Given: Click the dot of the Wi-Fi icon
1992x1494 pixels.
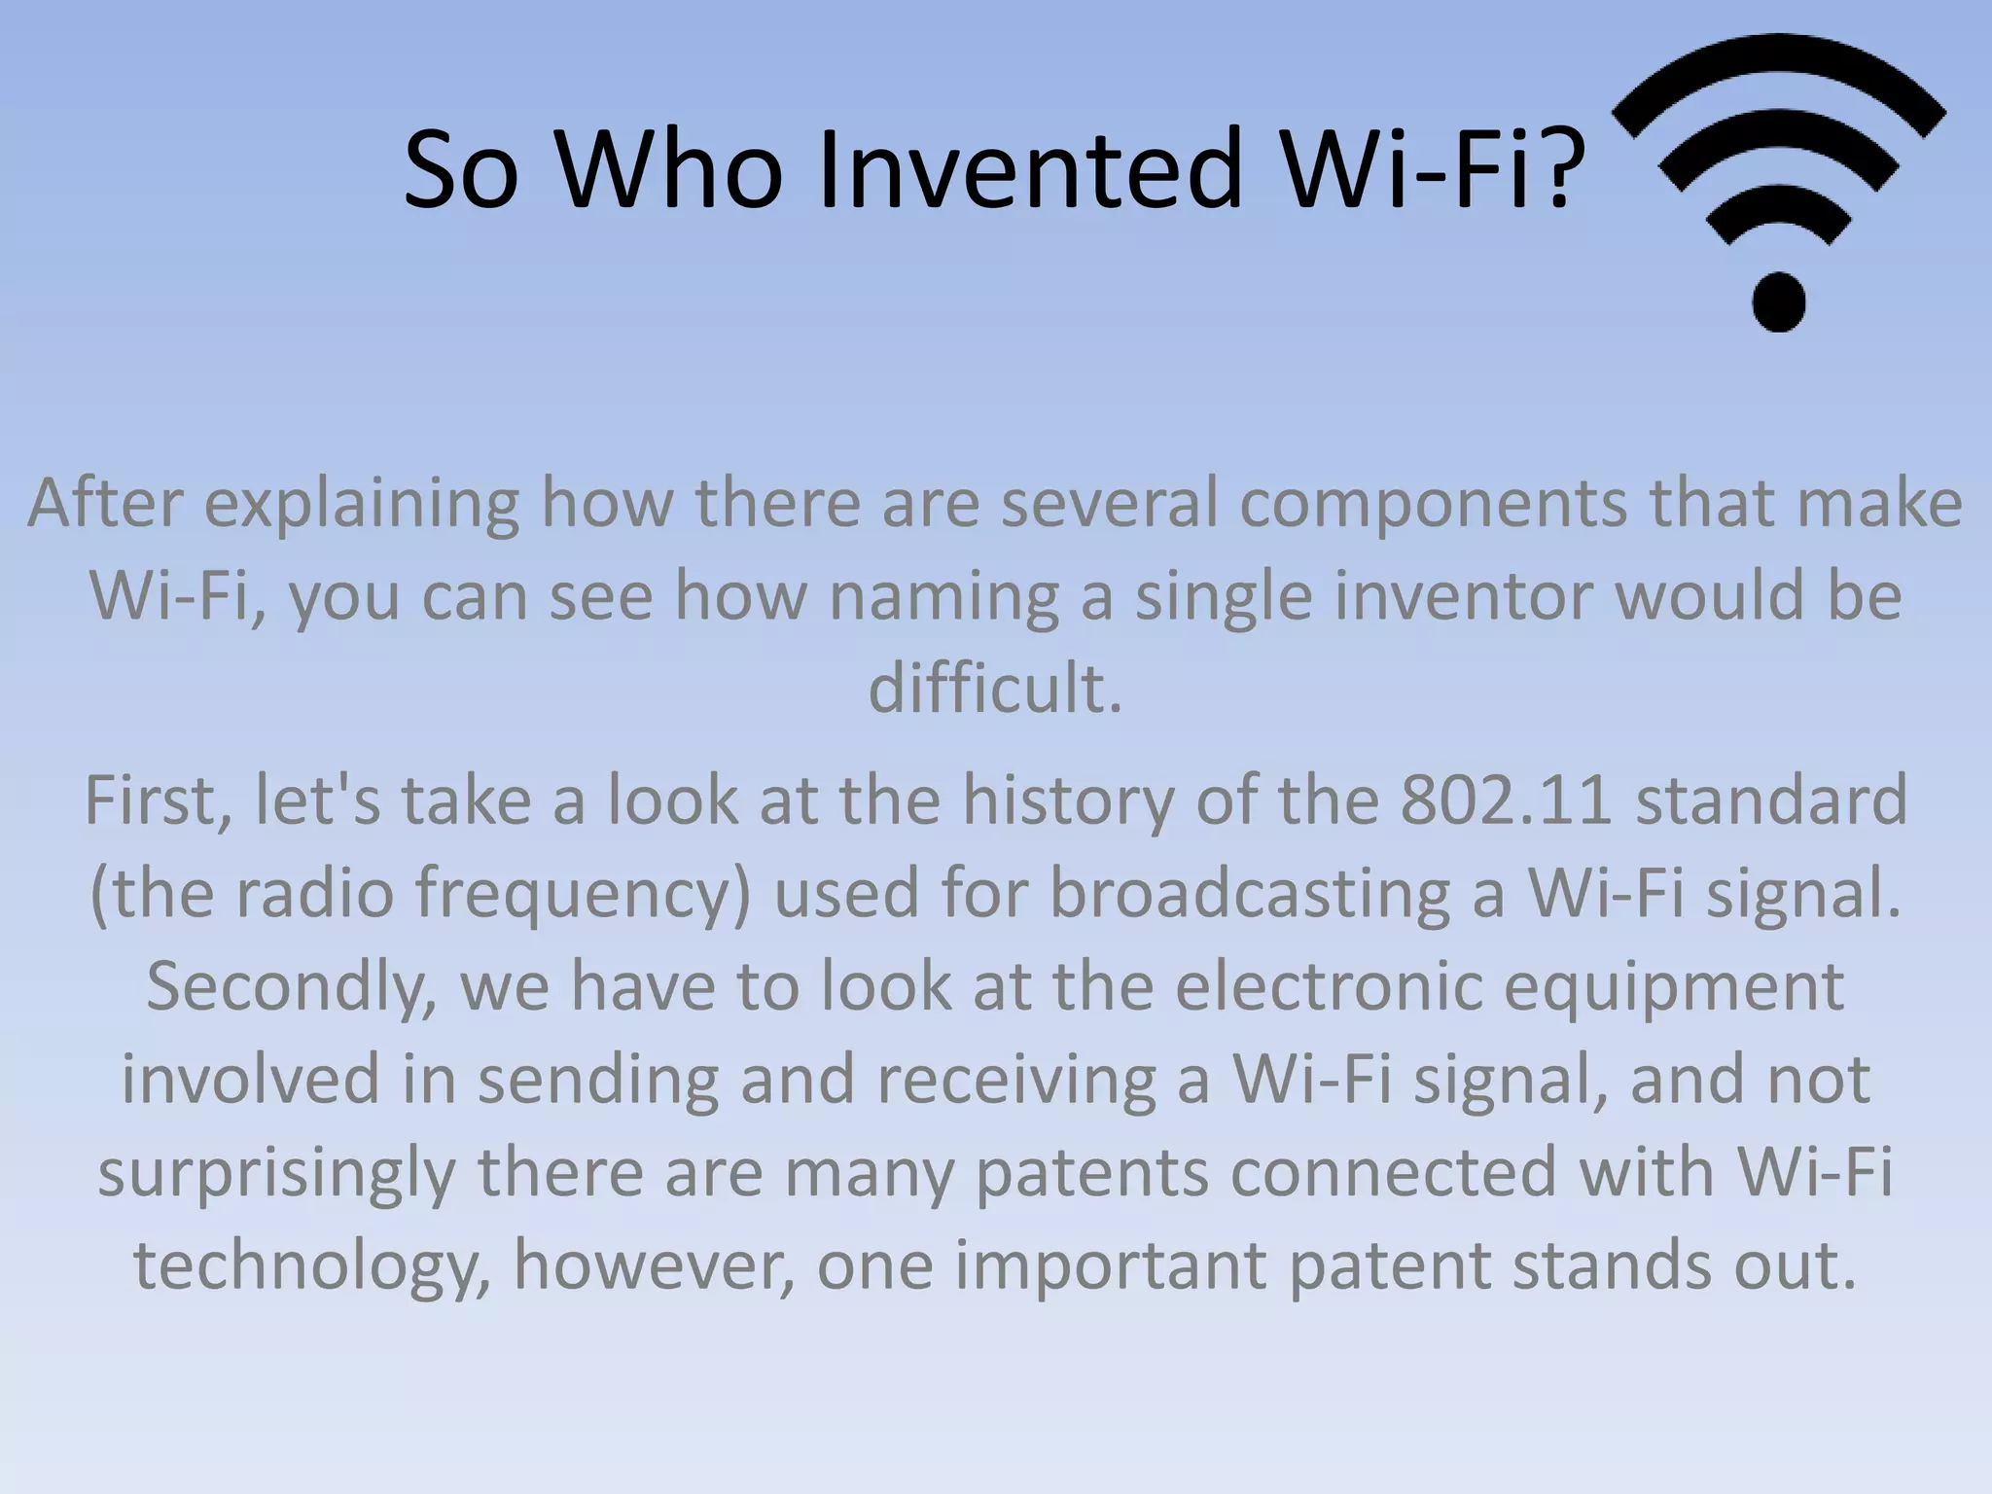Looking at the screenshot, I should click(1779, 301).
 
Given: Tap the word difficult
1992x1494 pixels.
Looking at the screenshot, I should click(994, 689).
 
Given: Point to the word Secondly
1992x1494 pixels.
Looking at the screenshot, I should click(292, 986).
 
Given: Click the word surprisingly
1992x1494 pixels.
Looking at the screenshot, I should click(276, 1173).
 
